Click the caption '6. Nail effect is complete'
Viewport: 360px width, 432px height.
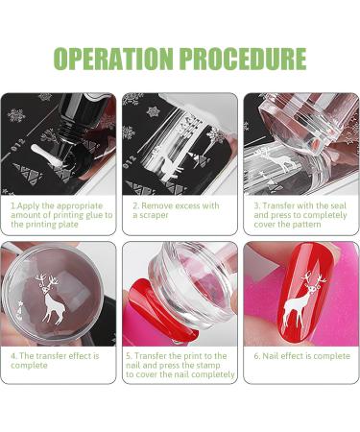(x=300, y=355)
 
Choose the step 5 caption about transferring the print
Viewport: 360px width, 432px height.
(x=180, y=365)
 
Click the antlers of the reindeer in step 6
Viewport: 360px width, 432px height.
(x=309, y=279)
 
